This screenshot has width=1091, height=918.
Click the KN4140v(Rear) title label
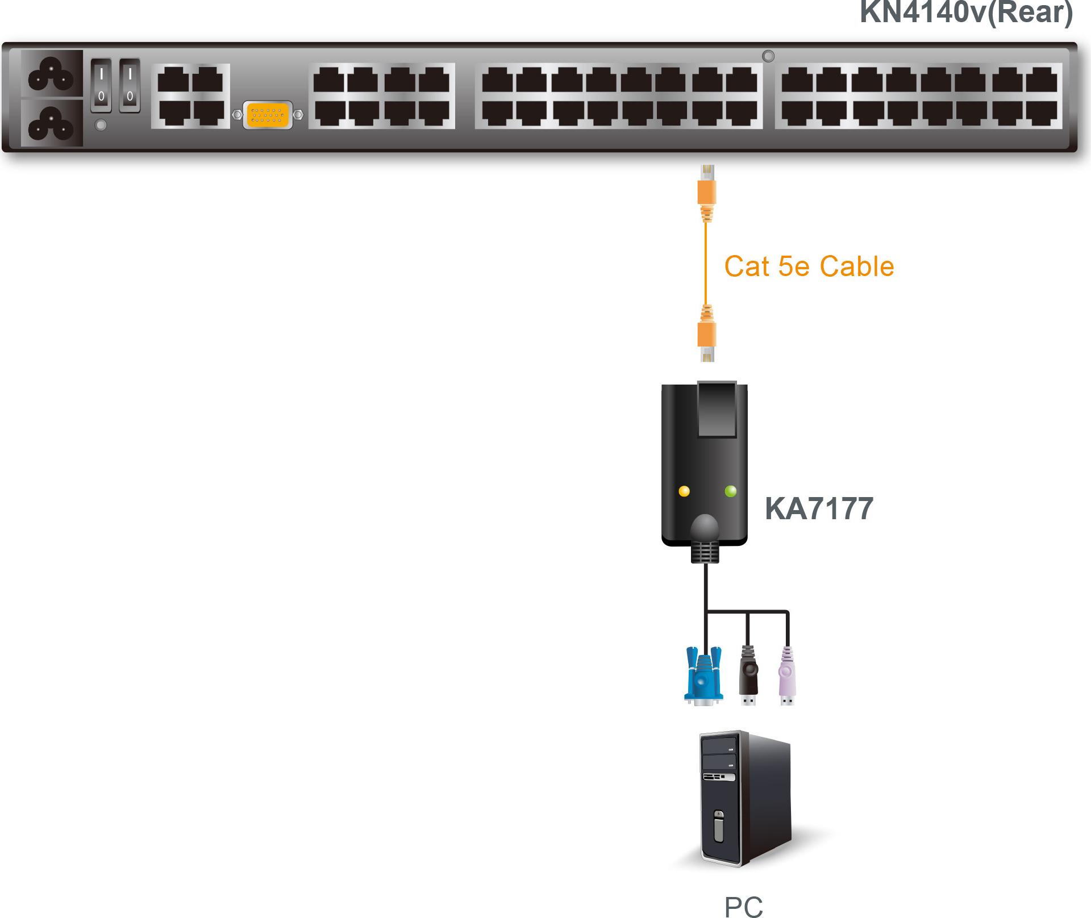[966, 12]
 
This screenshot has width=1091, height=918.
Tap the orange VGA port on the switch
[267, 115]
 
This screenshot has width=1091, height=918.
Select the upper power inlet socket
[52, 74]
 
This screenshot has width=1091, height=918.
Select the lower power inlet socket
[52, 123]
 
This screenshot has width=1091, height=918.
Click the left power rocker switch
[101, 85]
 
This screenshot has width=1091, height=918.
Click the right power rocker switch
[130, 85]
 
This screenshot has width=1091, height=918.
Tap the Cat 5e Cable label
[809, 266]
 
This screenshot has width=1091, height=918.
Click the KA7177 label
[819, 508]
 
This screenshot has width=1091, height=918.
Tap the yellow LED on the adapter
[684, 491]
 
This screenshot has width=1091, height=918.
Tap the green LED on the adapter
[731, 491]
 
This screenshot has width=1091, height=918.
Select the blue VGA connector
[703, 677]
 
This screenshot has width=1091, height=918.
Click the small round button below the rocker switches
[101, 125]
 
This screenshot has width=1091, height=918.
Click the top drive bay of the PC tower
[719, 744]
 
